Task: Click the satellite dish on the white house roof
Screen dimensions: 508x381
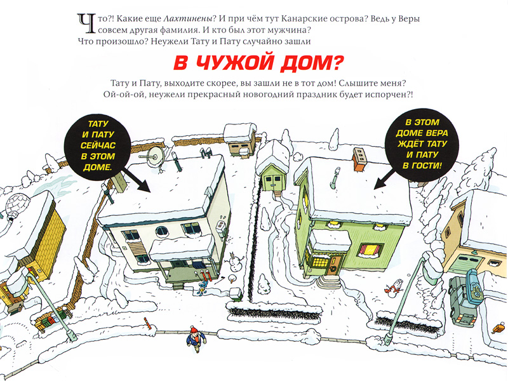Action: click(x=154, y=157)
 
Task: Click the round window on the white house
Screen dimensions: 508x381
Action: click(x=162, y=231)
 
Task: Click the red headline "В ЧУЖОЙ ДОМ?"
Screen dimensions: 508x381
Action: click(x=258, y=63)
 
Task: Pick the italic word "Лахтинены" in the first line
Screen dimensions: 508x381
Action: click(x=190, y=19)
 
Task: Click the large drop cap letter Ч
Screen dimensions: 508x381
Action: click(x=86, y=23)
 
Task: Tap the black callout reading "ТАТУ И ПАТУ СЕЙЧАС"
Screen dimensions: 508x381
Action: click(x=98, y=146)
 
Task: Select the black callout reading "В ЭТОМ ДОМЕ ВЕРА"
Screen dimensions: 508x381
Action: click(x=422, y=144)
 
